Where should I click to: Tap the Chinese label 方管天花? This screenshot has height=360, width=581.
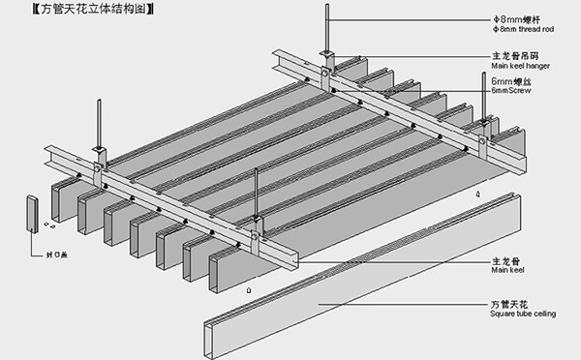click(508, 304)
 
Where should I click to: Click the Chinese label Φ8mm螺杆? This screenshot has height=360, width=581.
click(515, 16)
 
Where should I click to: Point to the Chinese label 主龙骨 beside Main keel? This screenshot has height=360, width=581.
click(505, 260)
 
